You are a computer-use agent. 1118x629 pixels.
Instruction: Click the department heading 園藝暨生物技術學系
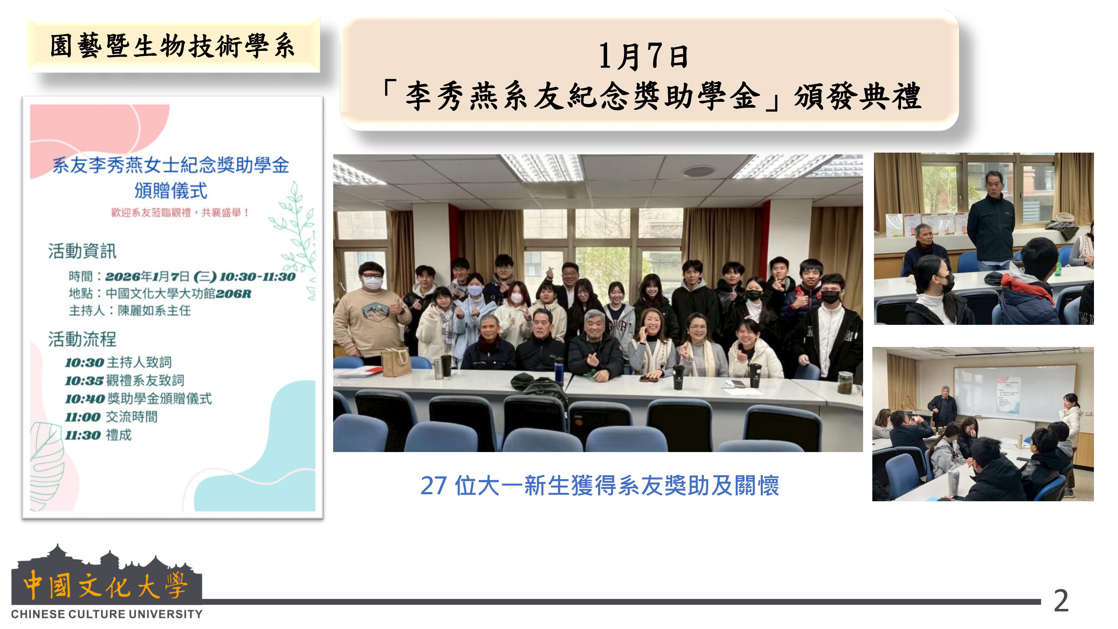(172, 46)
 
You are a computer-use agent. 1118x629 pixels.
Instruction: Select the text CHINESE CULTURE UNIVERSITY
(107, 614)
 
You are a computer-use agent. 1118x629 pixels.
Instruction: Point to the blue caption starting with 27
(600, 485)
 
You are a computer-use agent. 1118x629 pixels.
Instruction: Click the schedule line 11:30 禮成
(98, 435)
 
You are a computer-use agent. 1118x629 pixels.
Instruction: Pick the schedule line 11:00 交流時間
(112, 417)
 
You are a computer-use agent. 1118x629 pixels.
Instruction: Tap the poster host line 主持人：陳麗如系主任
(130, 310)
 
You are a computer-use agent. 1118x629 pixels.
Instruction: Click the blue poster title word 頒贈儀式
(171, 191)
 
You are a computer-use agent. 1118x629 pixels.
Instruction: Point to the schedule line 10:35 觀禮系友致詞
(125, 380)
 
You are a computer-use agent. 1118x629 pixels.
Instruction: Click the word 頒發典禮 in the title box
(858, 96)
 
